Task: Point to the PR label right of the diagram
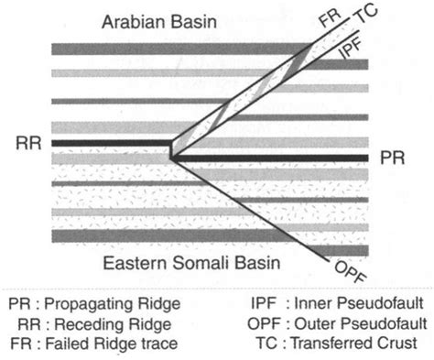tap(388, 158)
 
